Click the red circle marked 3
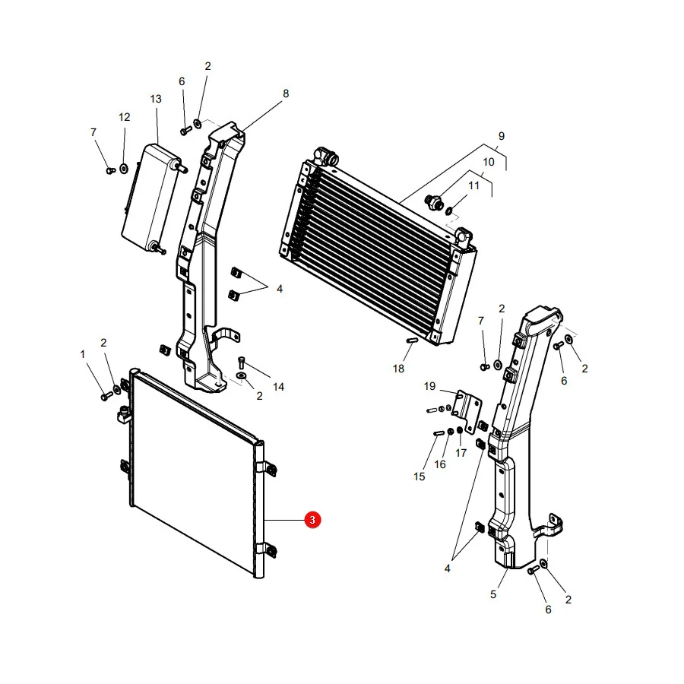tap(312, 520)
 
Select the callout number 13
tap(156, 99)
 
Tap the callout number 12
tap(125, 117)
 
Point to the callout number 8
tap(286, 93)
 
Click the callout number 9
tap(502, 136)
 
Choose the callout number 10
tap(489, 162)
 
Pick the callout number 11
tap(473, 185)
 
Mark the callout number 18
tap(398, 369)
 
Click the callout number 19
tap(429, 386)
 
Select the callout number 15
tap(420, 477)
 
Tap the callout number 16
tap(440, 464)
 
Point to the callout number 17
tap(461, 453)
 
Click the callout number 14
tap(278, 387)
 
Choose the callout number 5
tap(493, 594)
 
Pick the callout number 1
tap(82, 354)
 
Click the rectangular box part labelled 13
tap(151, 198)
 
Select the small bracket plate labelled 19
tap(467, 411)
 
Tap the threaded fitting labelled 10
tap(434, 201)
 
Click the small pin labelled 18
tap(412, 340)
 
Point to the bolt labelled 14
tap(242, 362)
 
